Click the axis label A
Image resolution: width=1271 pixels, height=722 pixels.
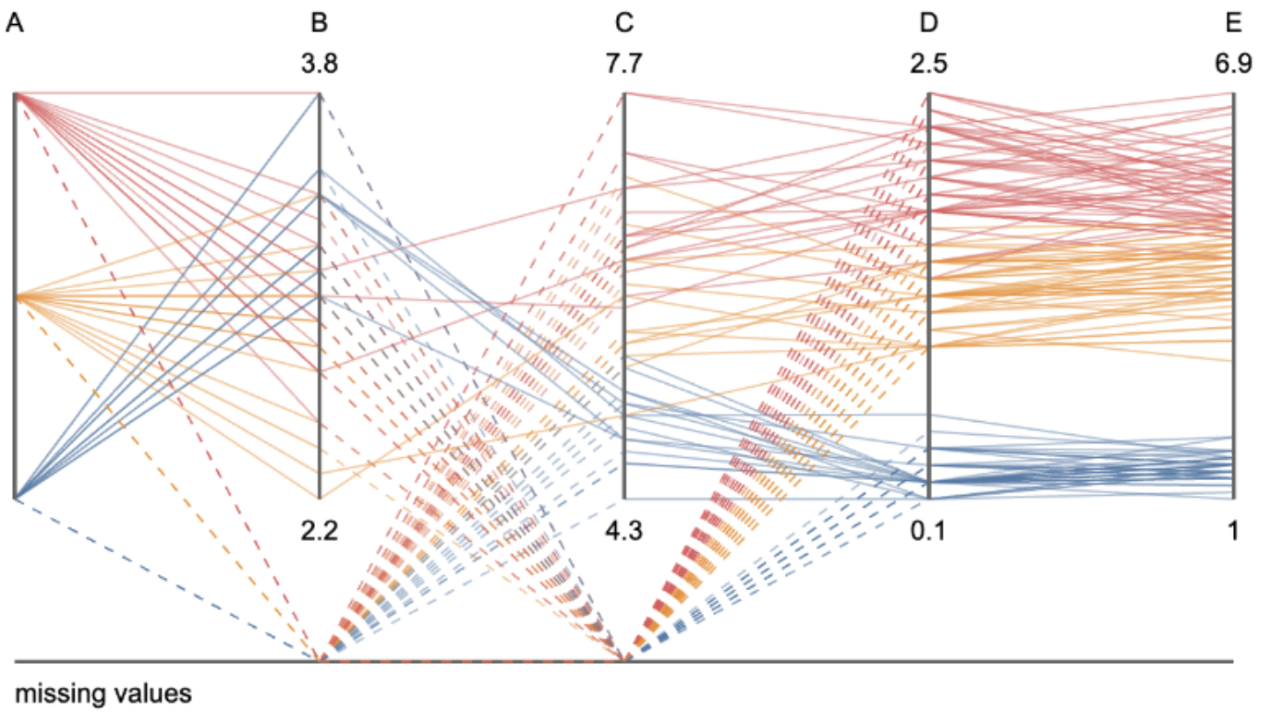coord(14,23)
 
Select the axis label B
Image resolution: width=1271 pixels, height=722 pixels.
coord(319,23)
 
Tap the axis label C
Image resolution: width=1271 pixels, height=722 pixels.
coord(624,23)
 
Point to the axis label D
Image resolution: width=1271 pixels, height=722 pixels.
coord(929,23)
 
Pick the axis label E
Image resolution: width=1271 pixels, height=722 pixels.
coord(1234,23)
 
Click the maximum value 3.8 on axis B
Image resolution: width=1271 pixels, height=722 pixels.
coord(319,66)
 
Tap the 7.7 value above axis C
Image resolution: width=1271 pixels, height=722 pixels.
coord(624,66)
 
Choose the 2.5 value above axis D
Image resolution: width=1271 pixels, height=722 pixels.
coord(929,66)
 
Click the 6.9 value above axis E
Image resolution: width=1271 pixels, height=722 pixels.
coord(1234,66)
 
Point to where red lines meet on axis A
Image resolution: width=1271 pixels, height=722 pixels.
coord(15,94)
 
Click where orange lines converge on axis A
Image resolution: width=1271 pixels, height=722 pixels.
coord(15,297)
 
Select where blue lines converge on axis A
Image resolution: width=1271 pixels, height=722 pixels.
coord(15,498)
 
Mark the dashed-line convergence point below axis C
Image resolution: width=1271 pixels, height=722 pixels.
coord(625,660)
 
